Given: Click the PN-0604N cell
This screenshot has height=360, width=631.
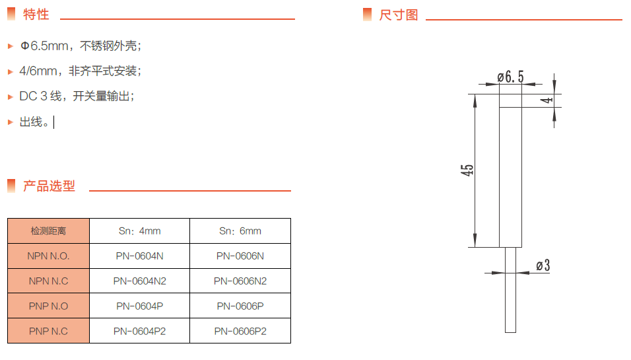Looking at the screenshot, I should (x=139, y=256).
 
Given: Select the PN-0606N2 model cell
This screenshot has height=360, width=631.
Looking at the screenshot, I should (x=240, y=281).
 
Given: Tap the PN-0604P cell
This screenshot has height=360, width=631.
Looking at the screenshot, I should (x=139, y=306).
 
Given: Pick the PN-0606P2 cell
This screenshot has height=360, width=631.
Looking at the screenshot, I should (x=240, y=331).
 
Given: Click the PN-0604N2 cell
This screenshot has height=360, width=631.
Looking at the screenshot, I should (x=139, y=281).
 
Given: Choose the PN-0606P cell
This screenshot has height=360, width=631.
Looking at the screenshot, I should (x=240, y=306).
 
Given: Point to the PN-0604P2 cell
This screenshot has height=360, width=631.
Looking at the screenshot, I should (x=139, y=331).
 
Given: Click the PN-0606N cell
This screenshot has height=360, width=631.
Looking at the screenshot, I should (x=240, y=256).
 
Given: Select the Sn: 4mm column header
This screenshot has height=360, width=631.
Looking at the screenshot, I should (x=139, y=231).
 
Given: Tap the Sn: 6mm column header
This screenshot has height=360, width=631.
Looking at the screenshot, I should (x=240, y=231).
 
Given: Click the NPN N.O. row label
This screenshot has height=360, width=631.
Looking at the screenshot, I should (x=48, y=256).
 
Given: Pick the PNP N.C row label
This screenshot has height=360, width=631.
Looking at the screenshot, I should (x=48, y=331).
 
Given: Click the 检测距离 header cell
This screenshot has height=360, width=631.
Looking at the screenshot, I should (x=48, y=231).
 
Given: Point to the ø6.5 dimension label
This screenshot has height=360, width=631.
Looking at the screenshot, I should (x=510, y=77).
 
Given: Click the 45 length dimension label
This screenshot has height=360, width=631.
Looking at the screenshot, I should (x=467, y=170).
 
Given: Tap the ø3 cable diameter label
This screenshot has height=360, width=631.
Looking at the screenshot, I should (x=543, y=266).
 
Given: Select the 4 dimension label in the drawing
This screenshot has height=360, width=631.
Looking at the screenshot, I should (x=547, y=100).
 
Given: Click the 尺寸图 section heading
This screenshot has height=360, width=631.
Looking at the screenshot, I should (x=399, y=15).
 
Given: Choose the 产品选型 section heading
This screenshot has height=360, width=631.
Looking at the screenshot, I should (x=49, y=186).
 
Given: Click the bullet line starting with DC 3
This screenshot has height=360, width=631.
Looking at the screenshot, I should (x=77, y=96).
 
